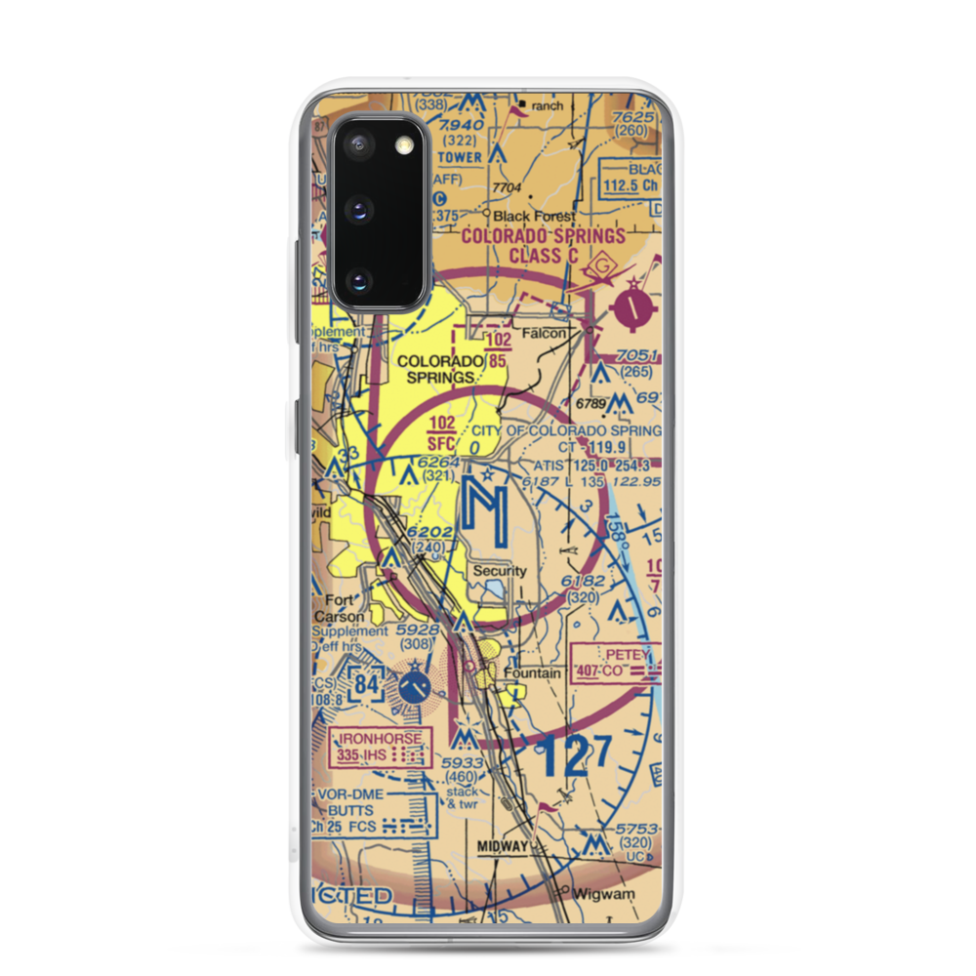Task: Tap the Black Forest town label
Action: (534, 216)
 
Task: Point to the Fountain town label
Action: (532, 673)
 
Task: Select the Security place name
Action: (500, 571)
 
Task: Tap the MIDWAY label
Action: (503, 845)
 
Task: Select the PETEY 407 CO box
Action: (616, 663)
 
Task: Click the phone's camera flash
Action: (403, 146)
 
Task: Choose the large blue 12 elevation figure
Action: (563, 757)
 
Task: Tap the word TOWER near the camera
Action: (460, 156)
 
